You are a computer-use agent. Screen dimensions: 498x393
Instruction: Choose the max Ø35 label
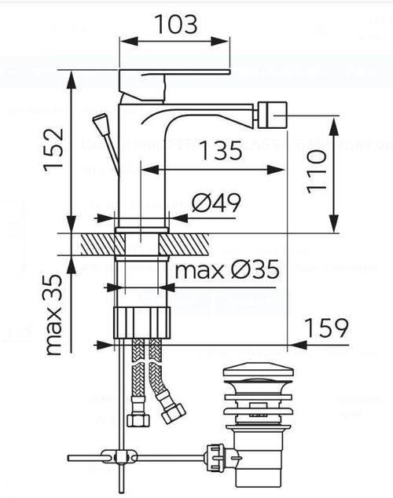coord(226,271)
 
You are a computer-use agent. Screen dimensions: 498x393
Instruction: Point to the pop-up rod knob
coord(99,124)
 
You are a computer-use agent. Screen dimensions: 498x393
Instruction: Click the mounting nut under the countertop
coord(142,322)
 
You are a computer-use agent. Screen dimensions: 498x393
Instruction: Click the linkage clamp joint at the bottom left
coord(119,457)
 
